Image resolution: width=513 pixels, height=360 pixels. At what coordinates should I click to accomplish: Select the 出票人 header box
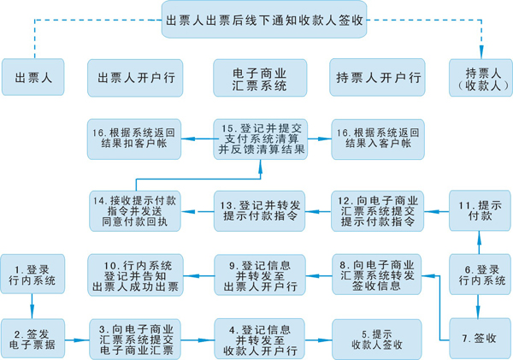(x=34, y=77)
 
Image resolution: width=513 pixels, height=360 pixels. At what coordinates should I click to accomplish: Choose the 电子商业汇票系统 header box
(x=259, y=77)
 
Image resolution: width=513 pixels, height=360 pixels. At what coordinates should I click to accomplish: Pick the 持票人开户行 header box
(x=377, y=77)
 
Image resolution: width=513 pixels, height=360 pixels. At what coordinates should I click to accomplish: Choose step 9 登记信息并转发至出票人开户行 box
(x=259, y=274)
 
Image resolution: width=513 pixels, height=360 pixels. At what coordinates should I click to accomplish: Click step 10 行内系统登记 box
(x=138, y=274)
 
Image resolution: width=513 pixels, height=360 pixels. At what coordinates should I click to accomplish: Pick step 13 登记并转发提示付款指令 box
(x=259, y=211)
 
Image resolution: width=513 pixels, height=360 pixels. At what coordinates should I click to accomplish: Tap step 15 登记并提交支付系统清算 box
(x=259, y=139)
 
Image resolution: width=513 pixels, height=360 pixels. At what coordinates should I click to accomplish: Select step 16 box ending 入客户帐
(x=377, y=139)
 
